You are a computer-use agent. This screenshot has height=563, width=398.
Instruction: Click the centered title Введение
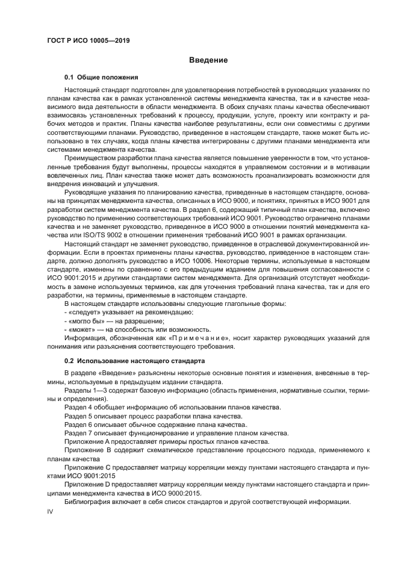208,60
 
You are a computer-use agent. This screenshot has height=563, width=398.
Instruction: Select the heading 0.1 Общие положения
102,78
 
